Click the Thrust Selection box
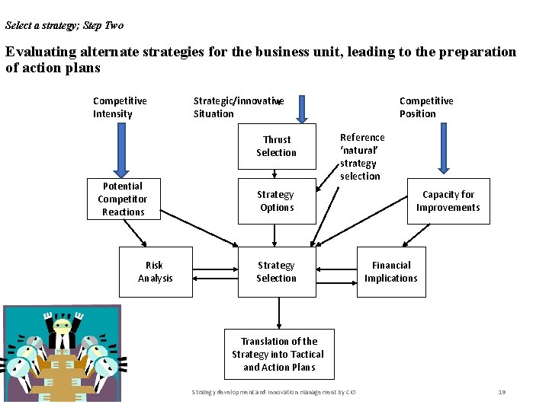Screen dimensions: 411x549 (x=276, y=146)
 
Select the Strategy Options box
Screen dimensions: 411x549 (x=276, y=201)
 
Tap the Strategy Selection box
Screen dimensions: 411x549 (x=276, y=272)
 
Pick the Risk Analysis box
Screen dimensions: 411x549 (x=156, y=272)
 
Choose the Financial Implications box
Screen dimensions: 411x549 (x=390, y=272)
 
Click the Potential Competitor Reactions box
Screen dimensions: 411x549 (x=123, y=199)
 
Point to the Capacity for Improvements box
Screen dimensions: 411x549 (x=448, y=201)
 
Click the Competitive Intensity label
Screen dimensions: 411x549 (x=120, y=107)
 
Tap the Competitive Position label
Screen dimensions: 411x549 (x=426, y=107)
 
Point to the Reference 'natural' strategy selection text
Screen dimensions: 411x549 (x=361, y=157)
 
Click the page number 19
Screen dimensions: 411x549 (x=502, y=392)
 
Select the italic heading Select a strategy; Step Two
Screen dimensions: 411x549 (x=64, y=26)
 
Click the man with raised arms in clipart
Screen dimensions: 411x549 (x=60, y=331)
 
